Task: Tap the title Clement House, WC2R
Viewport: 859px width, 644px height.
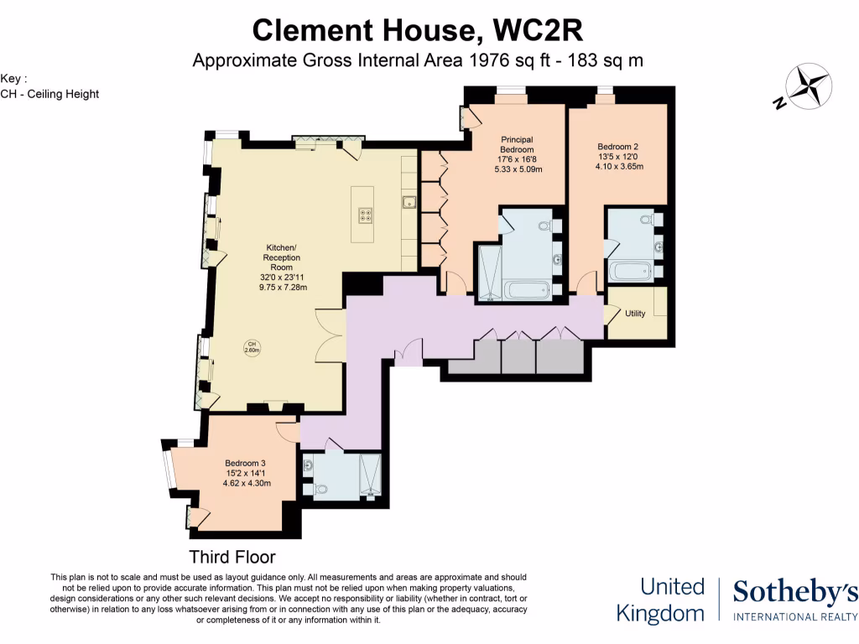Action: (417, 31)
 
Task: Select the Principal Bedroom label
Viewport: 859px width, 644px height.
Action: (518, 144)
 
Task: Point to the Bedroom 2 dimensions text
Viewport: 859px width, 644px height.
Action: (620, 161)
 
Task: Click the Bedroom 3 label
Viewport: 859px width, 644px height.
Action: (246, 463)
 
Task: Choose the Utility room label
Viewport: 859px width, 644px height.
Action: (635, 314)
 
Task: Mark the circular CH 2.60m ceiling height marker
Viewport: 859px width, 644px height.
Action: (250, 346)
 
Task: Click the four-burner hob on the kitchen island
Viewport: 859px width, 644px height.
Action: (366, 215)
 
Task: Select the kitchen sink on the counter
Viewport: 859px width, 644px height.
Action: (409, 201)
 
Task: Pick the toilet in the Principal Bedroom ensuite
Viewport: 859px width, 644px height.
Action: (545, 226)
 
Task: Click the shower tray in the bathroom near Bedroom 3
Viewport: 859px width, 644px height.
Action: (370, 476)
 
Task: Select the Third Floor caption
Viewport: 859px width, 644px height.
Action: (232, 557)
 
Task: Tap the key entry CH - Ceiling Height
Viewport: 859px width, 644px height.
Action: (49, 94)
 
